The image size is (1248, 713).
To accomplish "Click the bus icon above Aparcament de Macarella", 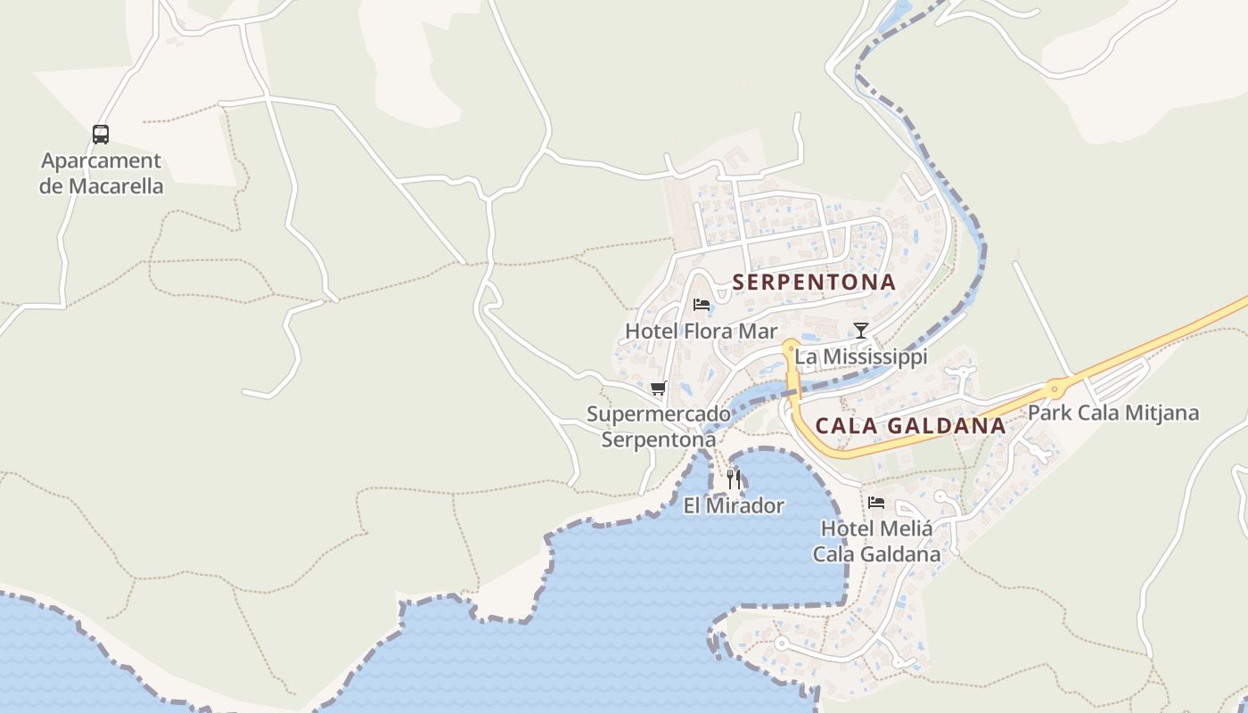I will tap(101, 135).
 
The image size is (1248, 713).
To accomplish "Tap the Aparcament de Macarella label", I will tap(102, 174).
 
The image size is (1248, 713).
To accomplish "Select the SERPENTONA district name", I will tap(814, 283).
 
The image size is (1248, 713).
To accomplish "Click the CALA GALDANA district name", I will tap(910, 426).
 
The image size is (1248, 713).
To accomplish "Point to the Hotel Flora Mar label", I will tap(689, 332).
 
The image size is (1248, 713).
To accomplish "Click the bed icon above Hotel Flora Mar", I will tap(702, 305).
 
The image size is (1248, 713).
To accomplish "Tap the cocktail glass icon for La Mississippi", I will tap(860, 331).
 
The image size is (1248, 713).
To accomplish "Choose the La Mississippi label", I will tap(861, 357).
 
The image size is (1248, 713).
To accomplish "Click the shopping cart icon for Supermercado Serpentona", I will tap(659, 388).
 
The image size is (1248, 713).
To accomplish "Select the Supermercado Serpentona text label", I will tap(658, 427).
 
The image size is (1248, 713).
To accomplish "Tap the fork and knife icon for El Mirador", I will tap(734, 479).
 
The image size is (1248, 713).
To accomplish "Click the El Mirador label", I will tap(734, 506).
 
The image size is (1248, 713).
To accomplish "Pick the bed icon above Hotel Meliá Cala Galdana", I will tap(876, 502).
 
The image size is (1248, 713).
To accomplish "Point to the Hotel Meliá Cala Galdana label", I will tap(876, 541).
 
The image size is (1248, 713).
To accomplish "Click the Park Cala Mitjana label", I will tap(1113, 414).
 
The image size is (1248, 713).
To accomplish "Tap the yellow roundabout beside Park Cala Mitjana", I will tap(1056, 388).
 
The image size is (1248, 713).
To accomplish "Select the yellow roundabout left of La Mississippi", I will tap(790, 346).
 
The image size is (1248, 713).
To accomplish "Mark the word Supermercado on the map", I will tap(658, 414).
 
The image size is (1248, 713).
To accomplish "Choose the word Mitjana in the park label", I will tap(1162, 414).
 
